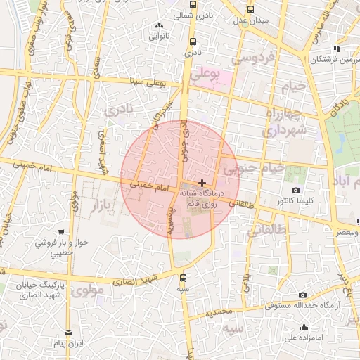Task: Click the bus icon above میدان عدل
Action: (252, 9)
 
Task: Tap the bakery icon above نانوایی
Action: (158, 26)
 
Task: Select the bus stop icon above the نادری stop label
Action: (193, 41)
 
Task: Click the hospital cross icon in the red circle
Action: (202, 182)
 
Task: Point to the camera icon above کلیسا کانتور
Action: (295, 191)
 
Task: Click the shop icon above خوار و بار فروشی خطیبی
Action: (62, 231)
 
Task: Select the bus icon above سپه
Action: (184, 277)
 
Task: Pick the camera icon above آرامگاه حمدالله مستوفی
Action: (303, 295)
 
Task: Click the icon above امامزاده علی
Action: (304, 327)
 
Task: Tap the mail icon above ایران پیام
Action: (68, 333)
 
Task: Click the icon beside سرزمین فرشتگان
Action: (337, 49)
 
